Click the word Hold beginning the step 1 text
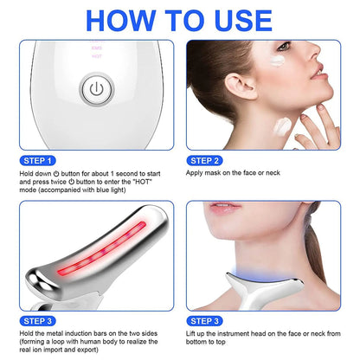[x=24, y=173]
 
